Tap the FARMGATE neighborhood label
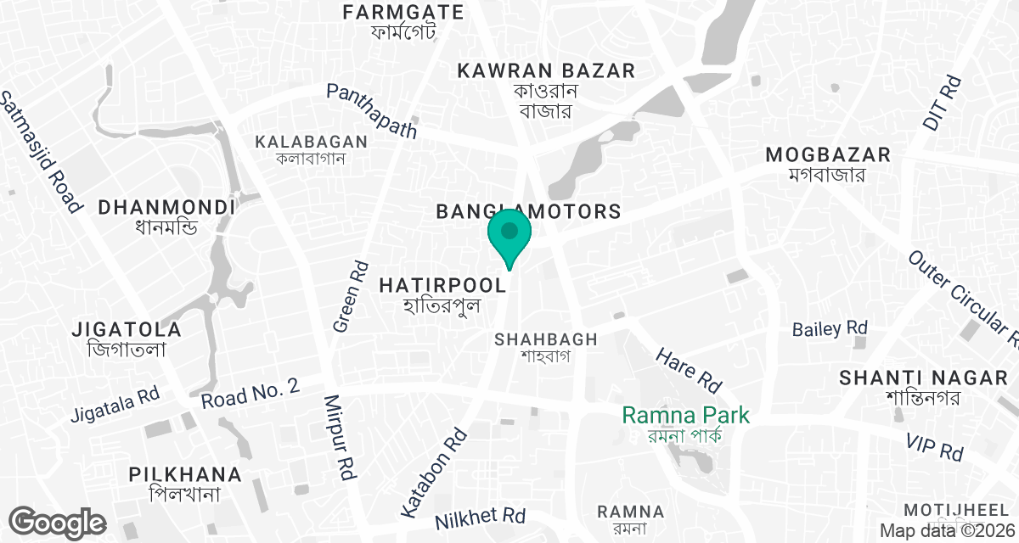pyautogui.click(x=403, y=13)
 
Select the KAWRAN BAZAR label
pyautogui.click(x=546, y=71)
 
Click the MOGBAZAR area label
pyautogui.click(x=828, y=155)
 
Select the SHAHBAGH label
pyautogui.click(x=546, y=339)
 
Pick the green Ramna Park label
pyautogui.click(x=685, y=416)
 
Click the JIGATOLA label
pyautogui.click(x=127, y=329)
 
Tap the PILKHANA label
pyautogui.click(x=185, y=475)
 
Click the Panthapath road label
pyautogui.click(x=373, y=110)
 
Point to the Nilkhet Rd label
pyautogui.click(x=480, y=516)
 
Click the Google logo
pyautogui.click(x=58, y=522)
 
